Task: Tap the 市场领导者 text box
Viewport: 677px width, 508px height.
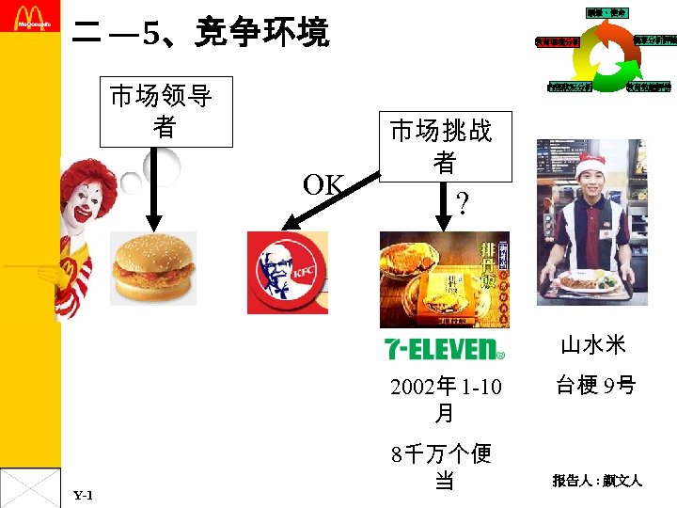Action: (165, 112)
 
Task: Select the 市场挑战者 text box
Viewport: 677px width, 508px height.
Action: (445, 147)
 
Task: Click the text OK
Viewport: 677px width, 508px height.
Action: (323, 185)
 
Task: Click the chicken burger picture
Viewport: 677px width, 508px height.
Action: (153, 268)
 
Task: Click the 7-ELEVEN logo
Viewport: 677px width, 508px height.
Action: (444, 348)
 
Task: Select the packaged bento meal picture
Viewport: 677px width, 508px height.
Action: (444, 278)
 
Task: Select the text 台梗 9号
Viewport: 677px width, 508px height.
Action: (595, 385)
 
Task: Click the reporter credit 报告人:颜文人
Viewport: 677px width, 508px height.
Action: (596, 481)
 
